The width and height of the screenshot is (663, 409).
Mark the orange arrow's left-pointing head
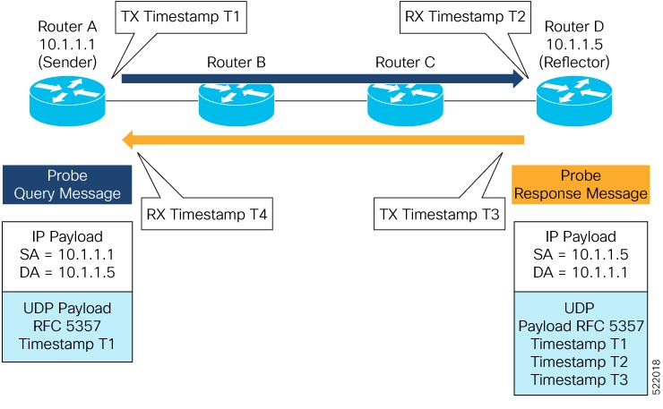click(131, 140)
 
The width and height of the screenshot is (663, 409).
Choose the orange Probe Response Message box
click(580, 184)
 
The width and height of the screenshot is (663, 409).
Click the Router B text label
click(236, 62)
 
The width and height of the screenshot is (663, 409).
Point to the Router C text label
click(404, 62)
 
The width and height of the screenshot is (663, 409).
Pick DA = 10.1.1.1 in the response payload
click(580, 271)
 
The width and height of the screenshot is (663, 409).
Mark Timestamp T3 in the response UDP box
click(580, 379)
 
